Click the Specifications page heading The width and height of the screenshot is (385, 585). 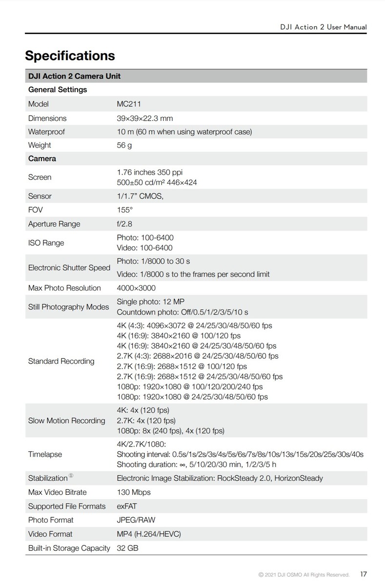click(x=70, y=56)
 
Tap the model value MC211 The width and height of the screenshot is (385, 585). click(x=129, y=104)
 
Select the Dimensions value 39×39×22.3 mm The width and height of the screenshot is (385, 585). click(x=145, y=118)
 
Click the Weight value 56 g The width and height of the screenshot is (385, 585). click(x=124, y=145)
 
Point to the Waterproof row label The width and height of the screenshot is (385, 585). click(x=46, y=132)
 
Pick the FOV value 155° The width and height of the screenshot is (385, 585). click(x=125, y=210)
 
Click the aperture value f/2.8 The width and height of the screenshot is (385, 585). click(x=125, y=224)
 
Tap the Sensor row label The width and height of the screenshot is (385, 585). click(x=40, y=196)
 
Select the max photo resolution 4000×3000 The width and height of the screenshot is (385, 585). click(x=136, y=288)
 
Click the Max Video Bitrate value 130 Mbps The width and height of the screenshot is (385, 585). click(x=134, y=492)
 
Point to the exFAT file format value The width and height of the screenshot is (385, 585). click(x=127, y=506)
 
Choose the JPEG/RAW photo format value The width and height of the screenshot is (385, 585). click(x=136, y=520)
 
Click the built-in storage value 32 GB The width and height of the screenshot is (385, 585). click(x=128, y=548)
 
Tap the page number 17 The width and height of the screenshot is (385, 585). click(x=364, y=574)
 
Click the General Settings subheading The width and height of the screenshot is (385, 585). click(x=58, y=90)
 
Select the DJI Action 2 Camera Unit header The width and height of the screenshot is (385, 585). click(x=74, y=76)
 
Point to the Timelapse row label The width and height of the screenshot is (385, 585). click(x=45, y=454)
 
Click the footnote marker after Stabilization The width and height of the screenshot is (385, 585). click(x=71, y=476)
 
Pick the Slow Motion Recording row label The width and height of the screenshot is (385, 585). click(x=66, y=420)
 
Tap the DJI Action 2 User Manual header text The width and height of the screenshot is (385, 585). click(x=324, y=27)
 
